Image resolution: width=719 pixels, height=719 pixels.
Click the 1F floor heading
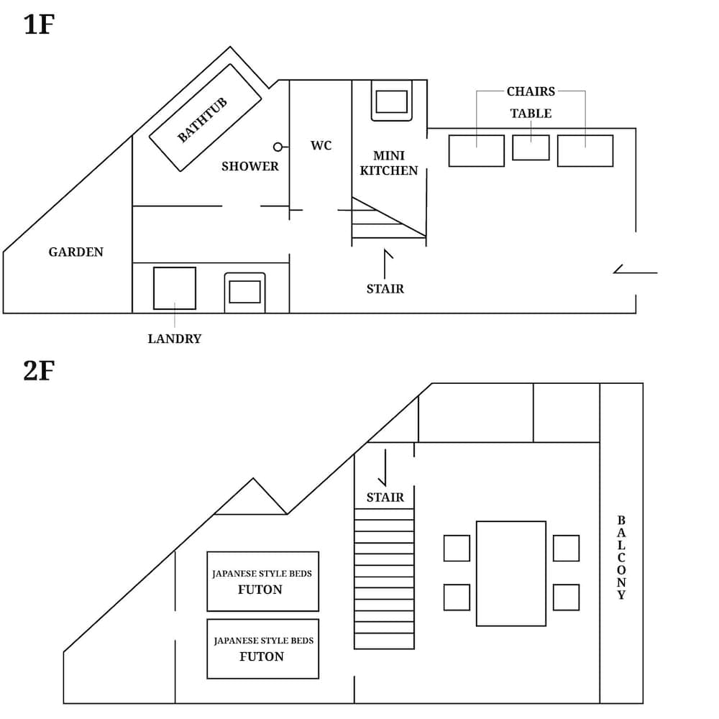click(x=39, y=24)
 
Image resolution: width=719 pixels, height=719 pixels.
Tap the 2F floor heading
click(x=39, y=371)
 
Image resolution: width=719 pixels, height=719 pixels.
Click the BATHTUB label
click(x=202, y=119)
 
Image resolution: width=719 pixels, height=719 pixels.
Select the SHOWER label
click(x=249, y=166)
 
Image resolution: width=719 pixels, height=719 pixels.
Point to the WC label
click(x=321, y=145)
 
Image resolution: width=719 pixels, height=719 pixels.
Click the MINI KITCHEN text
click(x=388, y=163)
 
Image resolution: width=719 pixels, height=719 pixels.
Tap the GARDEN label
click(x=75, y=252)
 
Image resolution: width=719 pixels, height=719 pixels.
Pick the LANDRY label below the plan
click(x=174, y=339)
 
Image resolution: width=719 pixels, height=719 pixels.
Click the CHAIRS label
click(x=531, y=91)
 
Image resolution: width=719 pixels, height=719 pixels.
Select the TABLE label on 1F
click(x=531, y=114)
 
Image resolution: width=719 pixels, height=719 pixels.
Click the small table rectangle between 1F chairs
click(x=531, y=147)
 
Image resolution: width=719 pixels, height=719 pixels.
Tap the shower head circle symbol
click(x=278, y=147)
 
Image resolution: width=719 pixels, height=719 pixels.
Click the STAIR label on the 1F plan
click(x=385, y=289)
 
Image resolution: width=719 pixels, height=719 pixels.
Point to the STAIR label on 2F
click(x=385, y=497)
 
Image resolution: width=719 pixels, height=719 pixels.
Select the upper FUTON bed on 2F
click(x=262, y=581)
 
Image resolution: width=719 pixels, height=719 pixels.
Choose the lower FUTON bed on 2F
click(x=262, y=649)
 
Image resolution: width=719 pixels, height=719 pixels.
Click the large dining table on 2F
click(x=510, y=573)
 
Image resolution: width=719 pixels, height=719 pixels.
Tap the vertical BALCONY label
click(x=621, y=557)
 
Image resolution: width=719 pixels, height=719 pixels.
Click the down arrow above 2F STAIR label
click(x=385, y=468)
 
